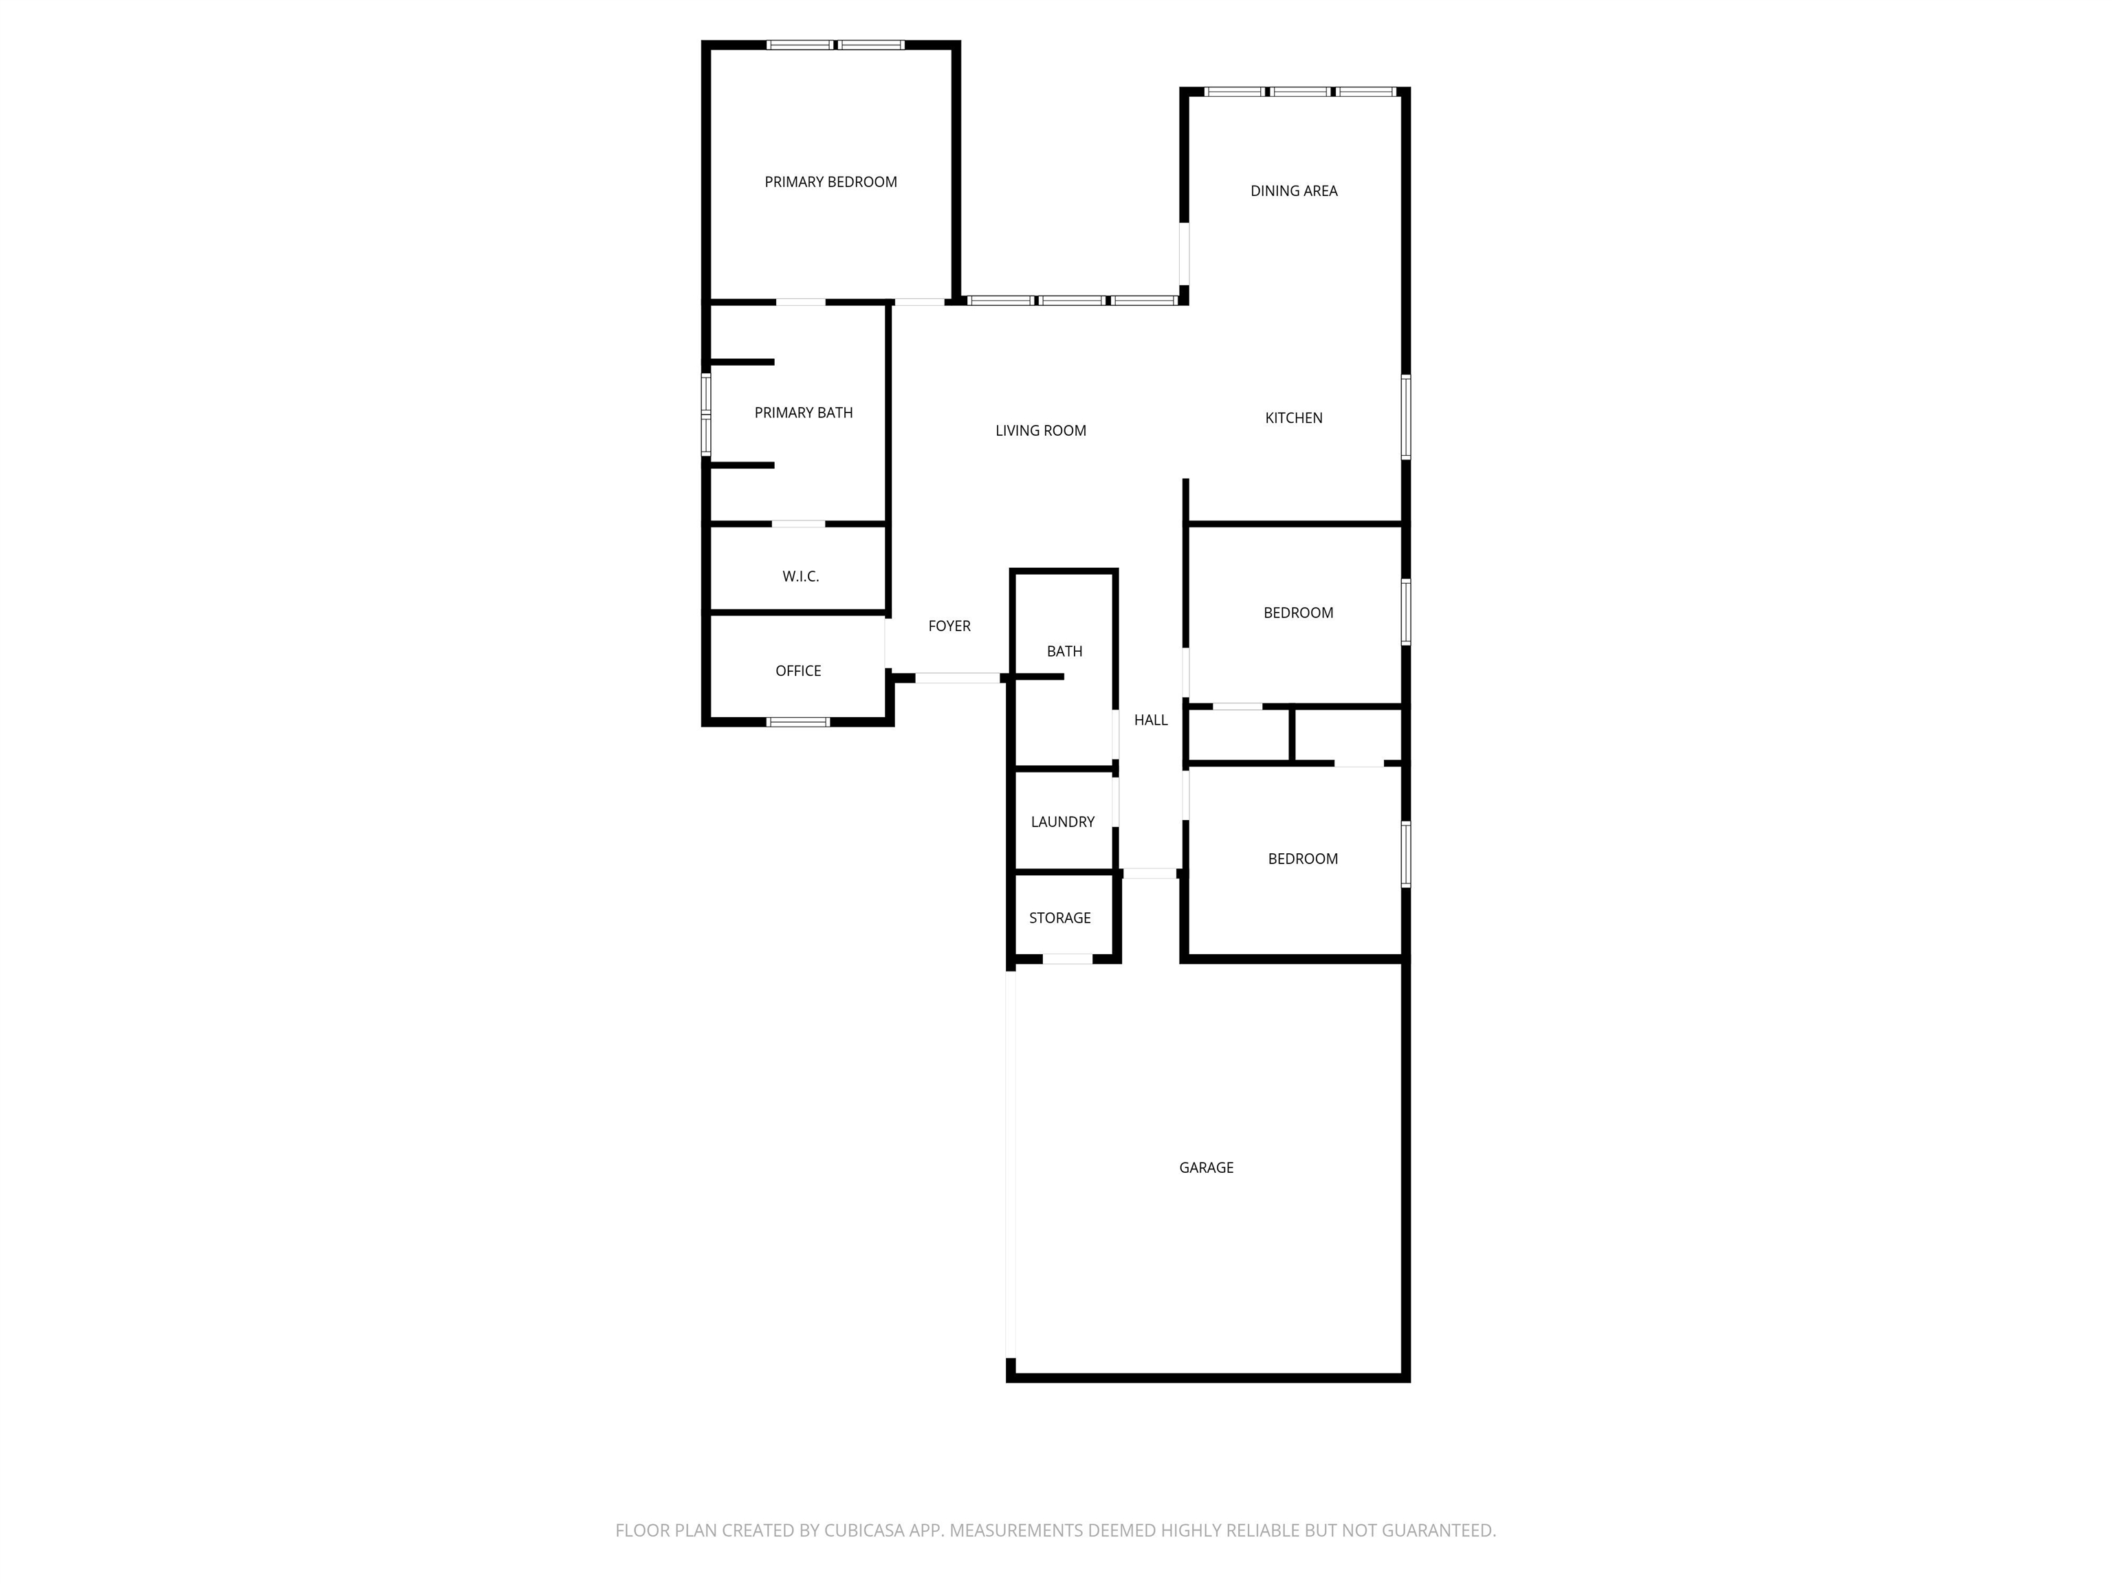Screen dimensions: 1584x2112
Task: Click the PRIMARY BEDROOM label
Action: click(x=830, y=182)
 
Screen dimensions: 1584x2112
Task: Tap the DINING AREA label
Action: click(x=1294, y=191)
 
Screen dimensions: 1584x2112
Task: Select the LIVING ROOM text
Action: click(x=1041, y=430)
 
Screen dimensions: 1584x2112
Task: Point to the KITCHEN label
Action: click(x=1294, y=418)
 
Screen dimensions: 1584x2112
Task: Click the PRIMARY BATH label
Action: click(x=803, y=412)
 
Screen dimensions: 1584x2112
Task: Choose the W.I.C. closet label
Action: click(x=800, y=577)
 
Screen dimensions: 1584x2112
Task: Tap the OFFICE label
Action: click(x=798, y=671)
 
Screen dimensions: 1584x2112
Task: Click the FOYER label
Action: click(x=949, y=626)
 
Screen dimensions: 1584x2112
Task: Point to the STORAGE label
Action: click(x=1060, y=918)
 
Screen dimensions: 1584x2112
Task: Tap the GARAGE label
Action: click(x=1206, y=1167)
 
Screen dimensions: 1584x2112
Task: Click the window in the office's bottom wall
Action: click(x=798, y=722)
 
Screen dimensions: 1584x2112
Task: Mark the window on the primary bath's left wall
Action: click(x=707, y=415)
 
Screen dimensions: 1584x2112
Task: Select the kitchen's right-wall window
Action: click(x=1405, y=417)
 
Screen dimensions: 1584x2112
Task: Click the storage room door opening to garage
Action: click(x=1066, y=958)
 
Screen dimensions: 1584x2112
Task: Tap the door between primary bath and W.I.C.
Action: click(x=798, y=524)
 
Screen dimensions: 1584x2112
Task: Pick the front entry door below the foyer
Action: click(x=958, y=678)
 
